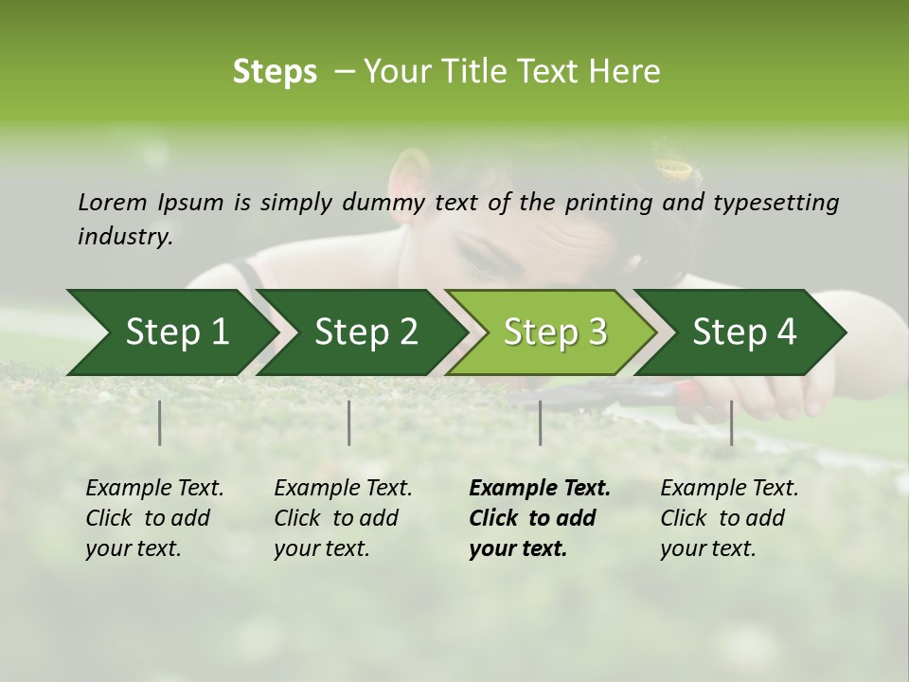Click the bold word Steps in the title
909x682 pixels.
click(275, 72)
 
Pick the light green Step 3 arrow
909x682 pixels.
click(555, 332)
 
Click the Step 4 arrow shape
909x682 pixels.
click(744, 332)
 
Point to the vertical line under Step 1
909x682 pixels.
click(160, 422)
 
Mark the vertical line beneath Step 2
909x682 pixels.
click(349, 422)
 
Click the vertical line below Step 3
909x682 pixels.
click(540, 422)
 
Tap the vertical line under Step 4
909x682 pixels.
click(731, 422)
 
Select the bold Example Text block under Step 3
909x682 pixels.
click(540, 518)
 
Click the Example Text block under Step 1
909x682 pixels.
click(154, 518)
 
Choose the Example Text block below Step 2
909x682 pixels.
click(343, 518)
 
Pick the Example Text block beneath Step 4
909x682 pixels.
click(729, 518)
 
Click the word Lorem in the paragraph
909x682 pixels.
click(113, 202)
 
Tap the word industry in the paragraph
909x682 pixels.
click(124, 236)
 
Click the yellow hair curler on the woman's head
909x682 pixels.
click(676, 170)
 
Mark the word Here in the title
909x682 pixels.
click(624, 72)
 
